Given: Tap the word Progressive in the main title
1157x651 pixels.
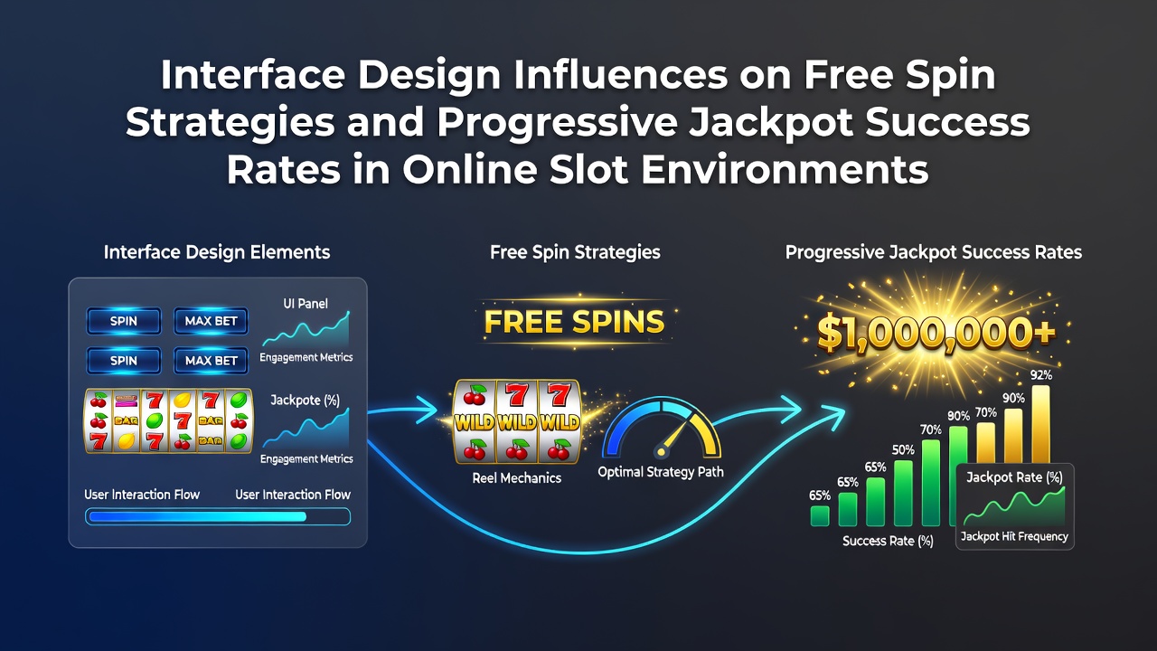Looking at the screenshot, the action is point(557,123).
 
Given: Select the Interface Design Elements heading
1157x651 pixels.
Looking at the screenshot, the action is point(217,252).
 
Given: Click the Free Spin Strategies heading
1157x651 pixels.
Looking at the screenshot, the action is point(575,252).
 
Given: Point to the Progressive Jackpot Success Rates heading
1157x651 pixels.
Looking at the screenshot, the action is point(934,252).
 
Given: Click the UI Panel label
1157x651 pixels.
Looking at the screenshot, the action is point(306,303).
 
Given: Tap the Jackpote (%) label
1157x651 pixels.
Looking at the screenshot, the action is point(306,401).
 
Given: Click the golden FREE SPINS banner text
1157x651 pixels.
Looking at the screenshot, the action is point(574,321).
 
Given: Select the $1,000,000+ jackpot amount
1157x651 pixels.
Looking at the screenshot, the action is point(936,332).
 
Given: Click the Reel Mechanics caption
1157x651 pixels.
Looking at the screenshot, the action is point(516,478).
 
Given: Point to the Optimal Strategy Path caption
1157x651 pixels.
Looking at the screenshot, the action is point(661,472).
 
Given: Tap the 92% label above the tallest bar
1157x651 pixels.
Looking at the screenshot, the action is point(1040,375).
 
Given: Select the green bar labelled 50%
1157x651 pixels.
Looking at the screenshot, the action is point(903,493).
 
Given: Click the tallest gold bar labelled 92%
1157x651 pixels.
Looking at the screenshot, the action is point(1040,424).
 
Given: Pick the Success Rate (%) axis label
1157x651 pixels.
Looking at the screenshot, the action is point(888,541).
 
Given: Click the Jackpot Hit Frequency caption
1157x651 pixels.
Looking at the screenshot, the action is point(1014,537).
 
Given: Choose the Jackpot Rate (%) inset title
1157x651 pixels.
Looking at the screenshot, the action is point(1014,476).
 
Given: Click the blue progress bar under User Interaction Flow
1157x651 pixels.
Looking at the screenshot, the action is point(197,516).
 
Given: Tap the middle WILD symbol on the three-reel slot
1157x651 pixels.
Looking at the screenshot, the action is point(517,423).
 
